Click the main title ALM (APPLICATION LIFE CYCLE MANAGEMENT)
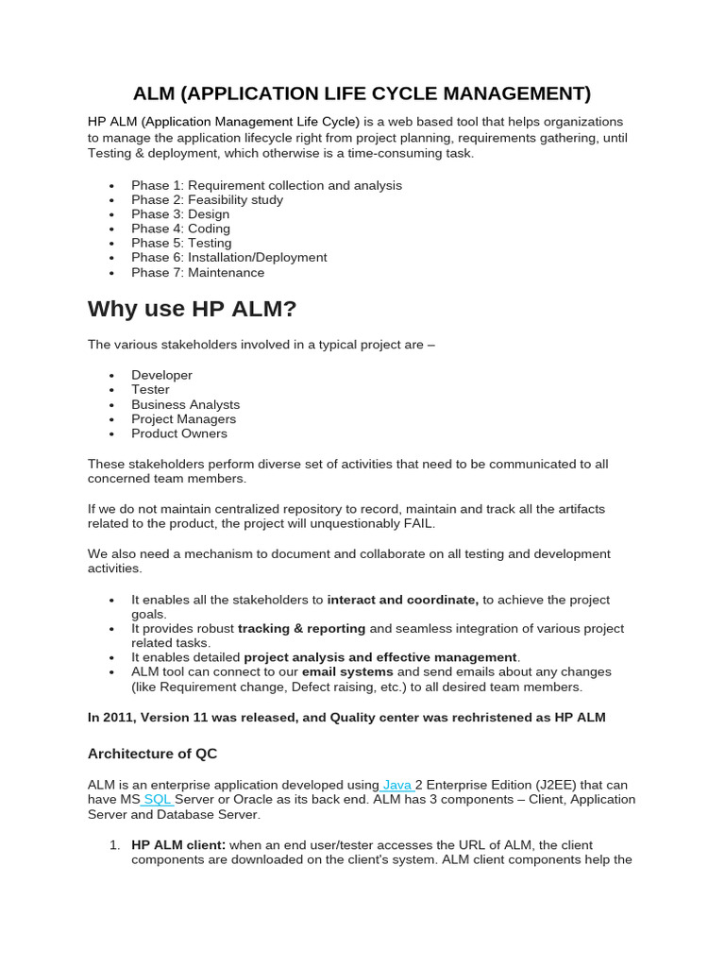[x=362, y=93]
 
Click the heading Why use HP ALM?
[x=193, y=309]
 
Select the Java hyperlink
[x=397, y=785]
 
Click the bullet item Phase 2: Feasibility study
[x=207, y=200]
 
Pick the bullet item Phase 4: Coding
[x=180, y=229]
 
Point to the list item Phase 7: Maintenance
[x=198, y=273]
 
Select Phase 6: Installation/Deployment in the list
[x=229, y=258]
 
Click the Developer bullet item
[x=161, y=375]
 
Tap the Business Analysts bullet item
[x=185, y=404]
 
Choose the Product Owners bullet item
[x=179, y=433]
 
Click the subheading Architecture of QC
[x=153, y=754]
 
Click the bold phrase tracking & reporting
[x=301, y=629]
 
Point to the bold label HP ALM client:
[x=178, y=845]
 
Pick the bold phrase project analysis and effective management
[x=380, y=657]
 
